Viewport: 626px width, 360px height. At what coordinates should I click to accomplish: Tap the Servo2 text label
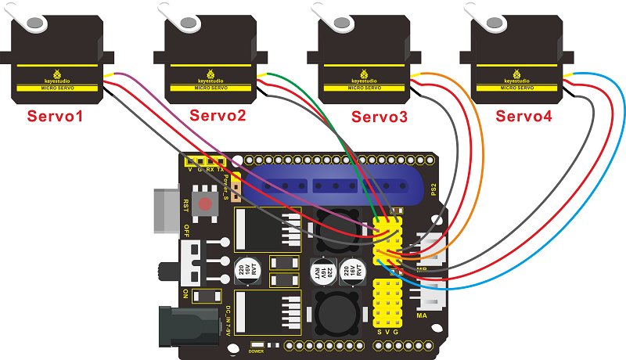click(x=218, y=117)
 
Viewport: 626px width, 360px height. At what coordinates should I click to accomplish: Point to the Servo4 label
click(x=523, y=117)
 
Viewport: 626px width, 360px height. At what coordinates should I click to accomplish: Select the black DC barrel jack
click(x=188, y=325)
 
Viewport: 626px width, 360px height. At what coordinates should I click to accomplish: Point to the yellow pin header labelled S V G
click(x=389, y=305)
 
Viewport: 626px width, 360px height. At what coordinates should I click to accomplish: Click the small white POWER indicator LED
click(x=256, y=344)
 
